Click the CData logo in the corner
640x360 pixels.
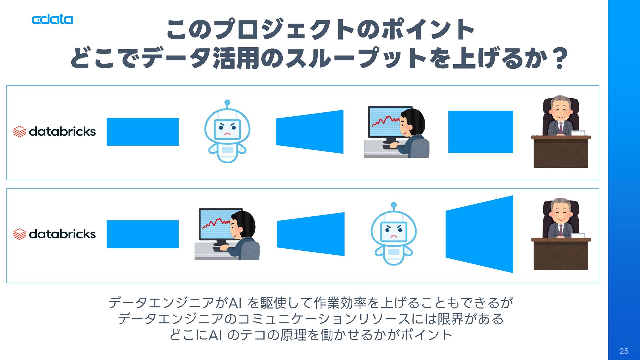tap(52, 20)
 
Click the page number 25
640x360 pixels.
tap(624, 351)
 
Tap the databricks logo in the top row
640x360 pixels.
tap(55, 132)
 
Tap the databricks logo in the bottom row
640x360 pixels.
tap(55, 234)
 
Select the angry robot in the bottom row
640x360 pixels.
tap(394, 234)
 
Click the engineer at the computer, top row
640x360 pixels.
tap(397, 132)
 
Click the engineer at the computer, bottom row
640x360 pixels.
tap(227, 235)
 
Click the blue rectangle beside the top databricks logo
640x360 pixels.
tap(143, 132)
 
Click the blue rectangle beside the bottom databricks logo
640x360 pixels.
tap(143, 234)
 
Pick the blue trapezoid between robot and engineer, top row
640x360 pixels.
tap(310, 132)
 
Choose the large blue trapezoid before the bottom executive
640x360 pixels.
tap(479, 234)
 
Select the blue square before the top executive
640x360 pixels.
tap(481, 132)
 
